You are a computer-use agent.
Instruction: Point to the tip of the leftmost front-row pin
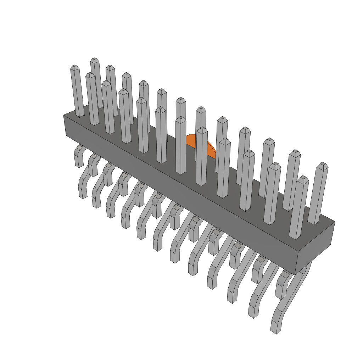pos(74,67)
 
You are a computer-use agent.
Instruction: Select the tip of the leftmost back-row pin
pos(94,60)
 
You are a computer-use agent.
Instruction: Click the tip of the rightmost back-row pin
pos(322,165)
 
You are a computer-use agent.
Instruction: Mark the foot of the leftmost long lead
pos(83,194)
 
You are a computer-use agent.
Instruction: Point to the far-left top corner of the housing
pos(64,116)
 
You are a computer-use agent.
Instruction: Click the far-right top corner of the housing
pos(335,222)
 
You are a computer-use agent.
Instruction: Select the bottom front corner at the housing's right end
pos(295,274)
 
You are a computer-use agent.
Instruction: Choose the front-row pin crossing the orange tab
pos(201,156)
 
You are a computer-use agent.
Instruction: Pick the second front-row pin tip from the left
pos(90,75)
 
